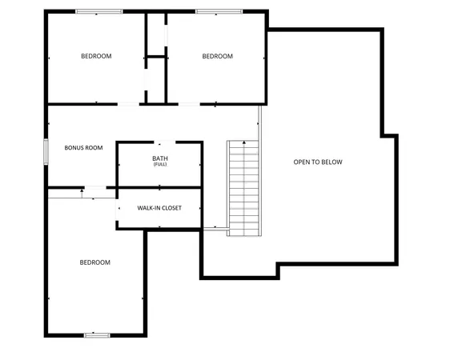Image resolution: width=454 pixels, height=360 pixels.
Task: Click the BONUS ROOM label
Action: click(84, 147)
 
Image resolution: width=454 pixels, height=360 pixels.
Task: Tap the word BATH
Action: click(160, 158)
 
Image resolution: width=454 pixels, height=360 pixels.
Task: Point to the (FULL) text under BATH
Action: click(160, 164)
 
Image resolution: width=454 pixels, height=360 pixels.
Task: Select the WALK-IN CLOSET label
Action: click(159, 208)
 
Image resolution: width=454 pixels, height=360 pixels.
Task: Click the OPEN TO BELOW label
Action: click(318, 162)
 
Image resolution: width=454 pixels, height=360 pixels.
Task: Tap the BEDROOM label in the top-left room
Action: click(96, 56)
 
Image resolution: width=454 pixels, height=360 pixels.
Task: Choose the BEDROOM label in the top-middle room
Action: click(217, 56)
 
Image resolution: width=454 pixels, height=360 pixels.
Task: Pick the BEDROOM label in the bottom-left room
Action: click(94, 262)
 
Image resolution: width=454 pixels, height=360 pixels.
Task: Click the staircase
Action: click(244, 188)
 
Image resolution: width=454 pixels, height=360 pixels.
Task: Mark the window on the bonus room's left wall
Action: click(46, 152)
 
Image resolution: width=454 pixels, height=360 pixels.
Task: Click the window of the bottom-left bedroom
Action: click(97, 334)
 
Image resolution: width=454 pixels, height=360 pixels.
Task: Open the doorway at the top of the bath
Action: click(159, 142)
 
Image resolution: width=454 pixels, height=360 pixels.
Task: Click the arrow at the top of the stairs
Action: click(244, 143)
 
